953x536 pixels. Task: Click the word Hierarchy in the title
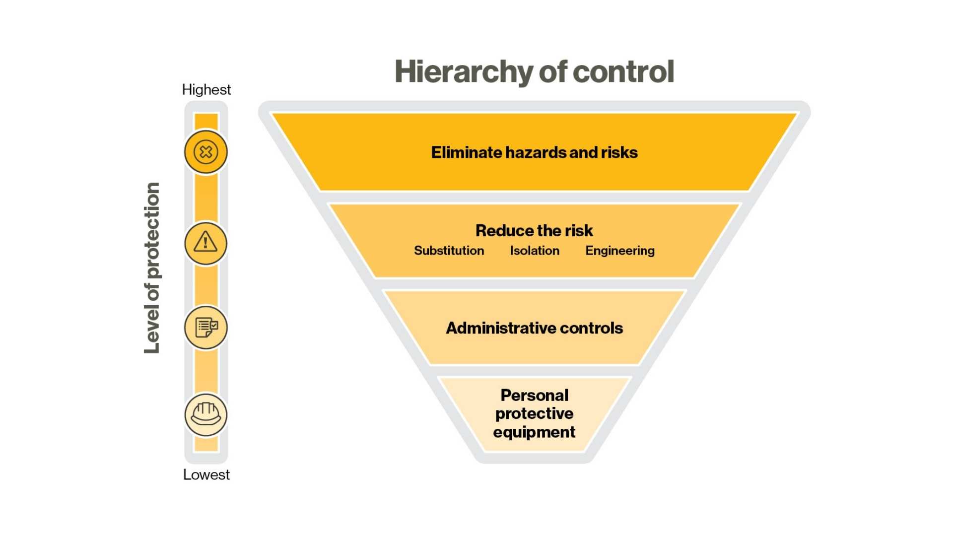[x=464, y=72]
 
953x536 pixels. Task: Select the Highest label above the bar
[x=206, y=90]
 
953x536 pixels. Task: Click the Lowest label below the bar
[x=206, y=475]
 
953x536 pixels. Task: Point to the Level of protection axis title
[x=152, y=268]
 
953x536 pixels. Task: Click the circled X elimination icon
[x=206, y=152]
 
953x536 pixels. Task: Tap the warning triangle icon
[x=206, y=243]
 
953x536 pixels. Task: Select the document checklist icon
[x=206, y=328]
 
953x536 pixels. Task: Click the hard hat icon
[x=206, y=414]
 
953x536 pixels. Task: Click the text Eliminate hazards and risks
[x=534, y=152]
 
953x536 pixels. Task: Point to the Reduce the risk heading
[x=534, y=231]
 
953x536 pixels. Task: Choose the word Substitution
[x=449, y=251]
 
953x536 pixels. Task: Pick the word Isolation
[x=535, y=251]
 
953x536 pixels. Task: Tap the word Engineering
[x=620, y=251]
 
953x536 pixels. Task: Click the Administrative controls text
[x=534, y=328]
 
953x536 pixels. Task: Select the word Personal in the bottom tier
[x=535, y=396]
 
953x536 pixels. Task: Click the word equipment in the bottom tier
[x=534, y=432]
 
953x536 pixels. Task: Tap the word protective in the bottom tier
[x=534, y=414]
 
